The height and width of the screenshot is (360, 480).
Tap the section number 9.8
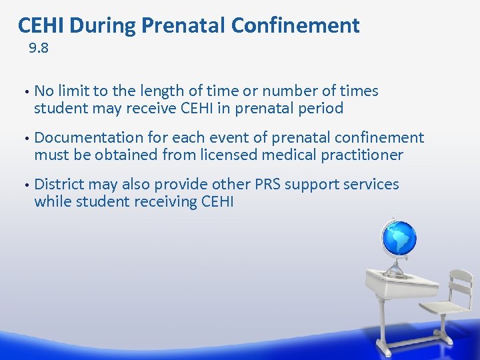click(39, 49)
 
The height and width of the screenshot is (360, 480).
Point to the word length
click(171, 91)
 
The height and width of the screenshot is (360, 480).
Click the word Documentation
click(89, 138)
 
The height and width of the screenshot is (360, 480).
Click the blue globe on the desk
click(398, 239)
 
